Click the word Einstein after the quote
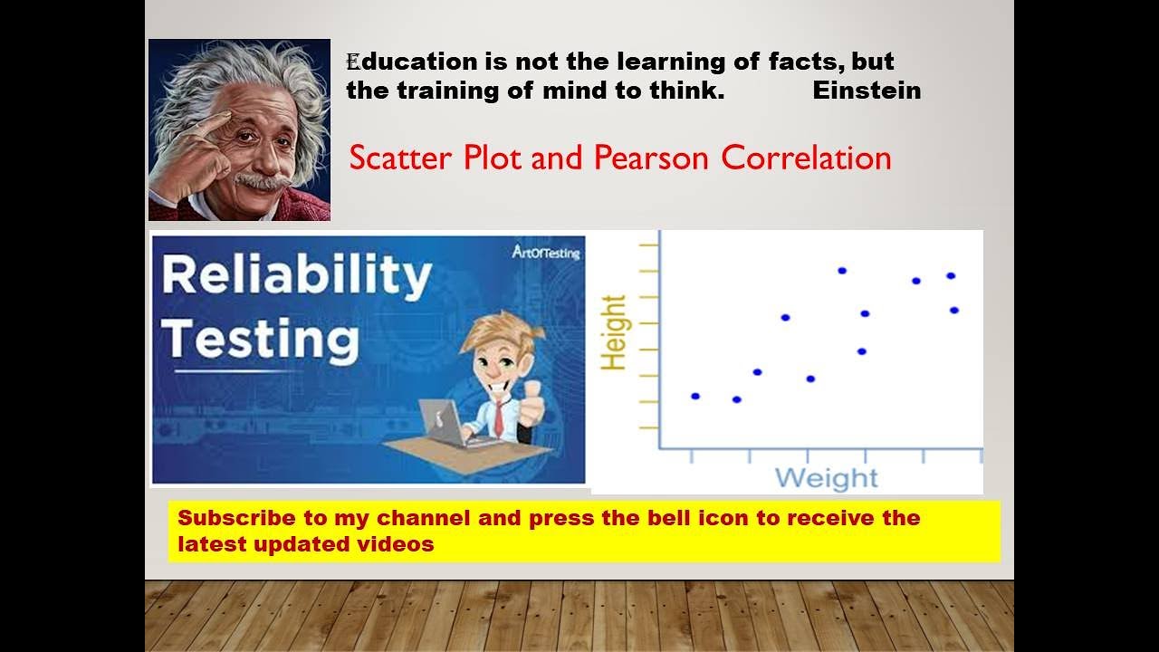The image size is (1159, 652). coord(867,91)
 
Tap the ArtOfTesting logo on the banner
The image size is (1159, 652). coord(544,253)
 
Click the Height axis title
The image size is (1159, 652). coord(614,332)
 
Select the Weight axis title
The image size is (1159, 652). coord(826,478)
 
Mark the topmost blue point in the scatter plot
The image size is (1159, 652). coord(842,271)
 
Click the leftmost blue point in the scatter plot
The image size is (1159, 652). coord(695,396)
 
